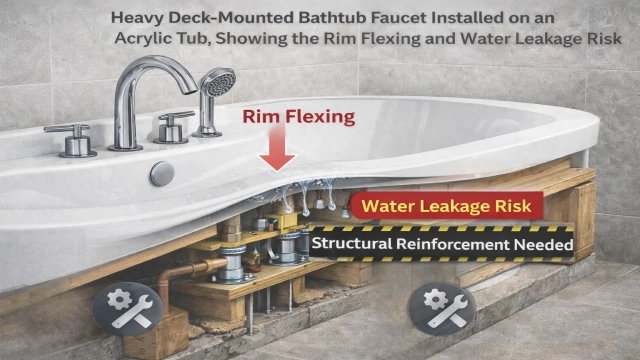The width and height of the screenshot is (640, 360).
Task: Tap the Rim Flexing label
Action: coord(299,117)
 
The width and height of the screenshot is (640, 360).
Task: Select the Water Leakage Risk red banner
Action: coord(446,207)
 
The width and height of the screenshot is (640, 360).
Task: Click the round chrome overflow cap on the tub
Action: coord(162,173)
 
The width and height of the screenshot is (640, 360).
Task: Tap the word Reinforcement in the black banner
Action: coord(449,244)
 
